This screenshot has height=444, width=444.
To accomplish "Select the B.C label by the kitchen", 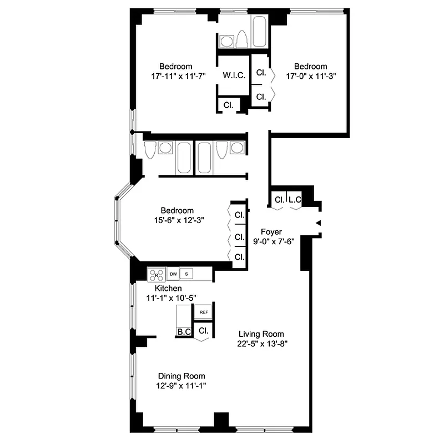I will tap(184, 332).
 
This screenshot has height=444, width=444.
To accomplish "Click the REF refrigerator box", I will tap(204, 312).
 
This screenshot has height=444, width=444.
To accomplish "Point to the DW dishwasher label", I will tap(173, 274).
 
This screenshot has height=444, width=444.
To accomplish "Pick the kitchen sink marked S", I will tap(186, 274).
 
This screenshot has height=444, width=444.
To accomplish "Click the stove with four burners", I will tap(157, 274).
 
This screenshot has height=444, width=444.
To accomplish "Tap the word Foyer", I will tap(271, 232).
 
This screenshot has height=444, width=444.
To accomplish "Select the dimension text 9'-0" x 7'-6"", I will tap(273, 241).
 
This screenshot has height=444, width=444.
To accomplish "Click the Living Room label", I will tap(261, 334).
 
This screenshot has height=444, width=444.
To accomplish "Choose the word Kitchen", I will tap(168, 289).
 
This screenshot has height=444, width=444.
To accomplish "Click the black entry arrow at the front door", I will tap(318, 223).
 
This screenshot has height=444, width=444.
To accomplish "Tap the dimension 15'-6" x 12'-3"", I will tap(177, 220).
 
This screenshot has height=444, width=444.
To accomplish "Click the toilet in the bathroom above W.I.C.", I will tap(242, 40).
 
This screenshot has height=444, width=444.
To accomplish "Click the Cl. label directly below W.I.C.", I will tap(228, 105).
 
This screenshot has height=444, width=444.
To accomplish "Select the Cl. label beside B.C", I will tap(203, 331).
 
